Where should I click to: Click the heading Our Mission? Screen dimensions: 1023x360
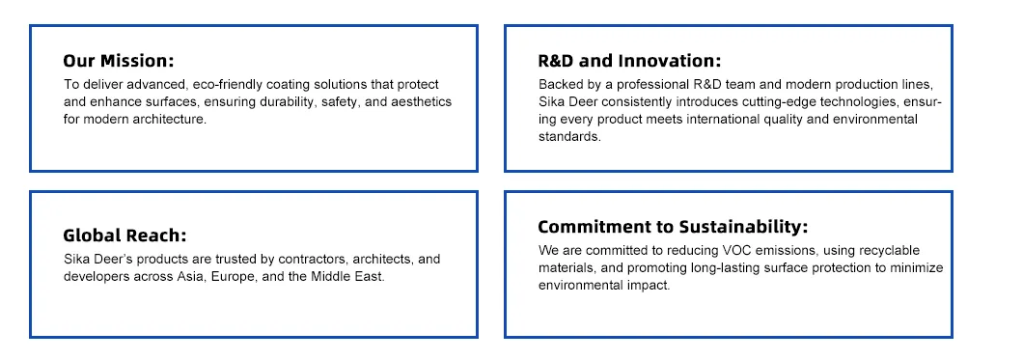click(119, 61)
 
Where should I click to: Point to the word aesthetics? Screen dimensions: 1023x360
click(421, 102)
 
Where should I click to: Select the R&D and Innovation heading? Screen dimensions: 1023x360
click(629, 61)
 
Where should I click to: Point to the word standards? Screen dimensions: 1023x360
click(569, 138)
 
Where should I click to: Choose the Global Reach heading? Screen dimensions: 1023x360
click(124, 235)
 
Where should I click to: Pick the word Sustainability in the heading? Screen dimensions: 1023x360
click(743, 227)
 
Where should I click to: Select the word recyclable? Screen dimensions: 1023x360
click(889, 251)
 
